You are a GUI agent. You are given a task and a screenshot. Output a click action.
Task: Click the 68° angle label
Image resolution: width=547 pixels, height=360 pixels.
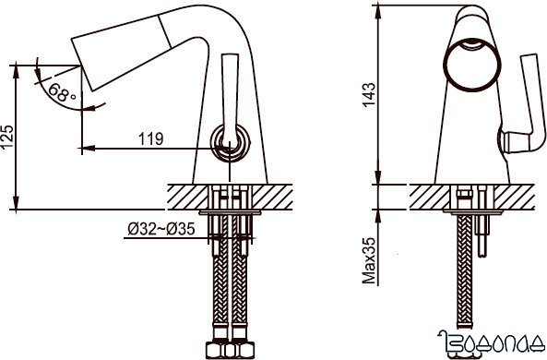tap(62, 92)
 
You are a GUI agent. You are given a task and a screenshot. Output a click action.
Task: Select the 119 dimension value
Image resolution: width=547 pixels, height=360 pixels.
tap(150, 139)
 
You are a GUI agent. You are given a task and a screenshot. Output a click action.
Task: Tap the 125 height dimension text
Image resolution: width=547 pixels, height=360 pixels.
tap(7, 137)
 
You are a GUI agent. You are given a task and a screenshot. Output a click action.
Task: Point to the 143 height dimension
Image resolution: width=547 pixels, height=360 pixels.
tap(369, 95)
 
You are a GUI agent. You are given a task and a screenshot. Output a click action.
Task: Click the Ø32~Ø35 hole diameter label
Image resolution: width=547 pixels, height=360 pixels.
tap(161, 229)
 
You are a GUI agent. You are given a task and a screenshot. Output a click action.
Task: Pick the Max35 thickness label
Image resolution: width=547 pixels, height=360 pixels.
tap(369, 261)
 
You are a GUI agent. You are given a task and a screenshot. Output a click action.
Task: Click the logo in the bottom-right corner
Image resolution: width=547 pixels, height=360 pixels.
tap(491, 341)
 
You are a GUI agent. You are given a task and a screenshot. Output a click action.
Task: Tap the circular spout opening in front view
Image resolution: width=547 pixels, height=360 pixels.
tap(472, 65)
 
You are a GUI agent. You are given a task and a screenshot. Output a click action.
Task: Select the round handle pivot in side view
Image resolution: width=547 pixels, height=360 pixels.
tap(231, 142)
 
